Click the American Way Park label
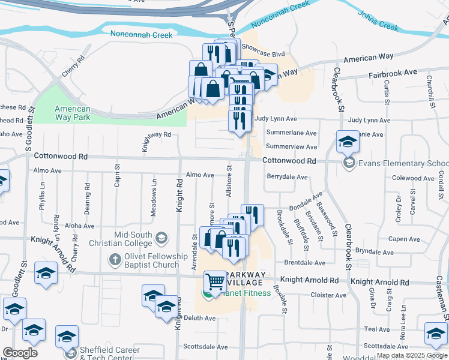(72, 113)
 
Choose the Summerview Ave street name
(291, 146)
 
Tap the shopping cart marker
(215, 281)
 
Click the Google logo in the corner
(19, 353)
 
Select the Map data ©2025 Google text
(412, 355)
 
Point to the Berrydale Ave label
(287, 178)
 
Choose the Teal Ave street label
(377, 329)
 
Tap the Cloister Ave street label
(328, 295)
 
